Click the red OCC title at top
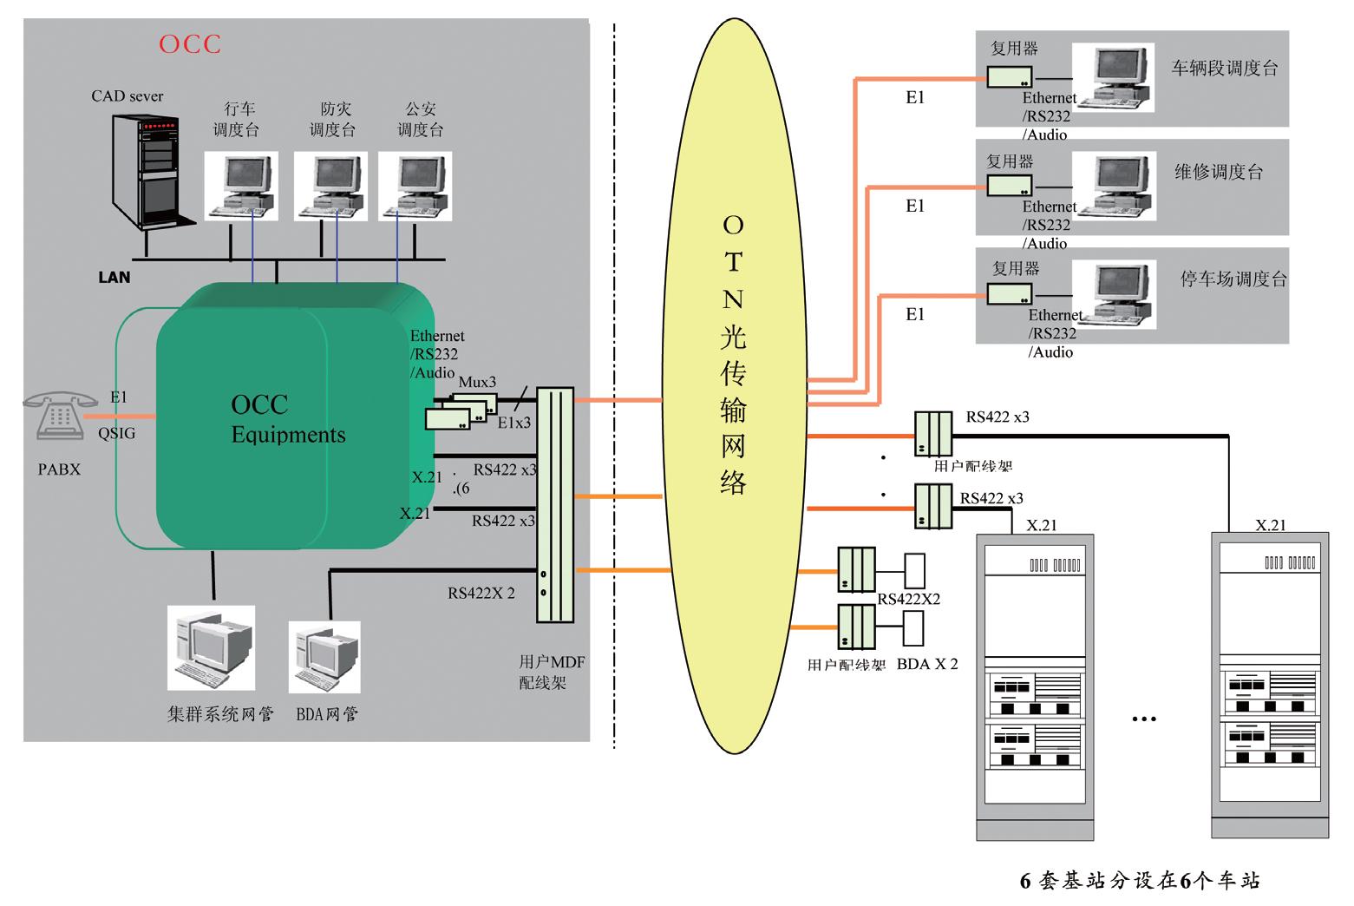190,44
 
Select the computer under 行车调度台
241,185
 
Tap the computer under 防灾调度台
330,185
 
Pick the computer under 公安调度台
415,185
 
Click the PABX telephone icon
60,416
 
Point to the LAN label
114,278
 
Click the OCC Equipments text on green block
287,420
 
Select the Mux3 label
477,382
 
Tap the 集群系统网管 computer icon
211,649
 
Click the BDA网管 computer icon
324,656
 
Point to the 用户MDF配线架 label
552,673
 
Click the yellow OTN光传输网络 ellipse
733,382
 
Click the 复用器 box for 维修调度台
1009,186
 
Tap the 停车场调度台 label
1233,279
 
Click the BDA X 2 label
927,664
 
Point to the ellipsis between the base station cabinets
1144,719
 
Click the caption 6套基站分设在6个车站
1139,882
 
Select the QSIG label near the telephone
116,434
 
